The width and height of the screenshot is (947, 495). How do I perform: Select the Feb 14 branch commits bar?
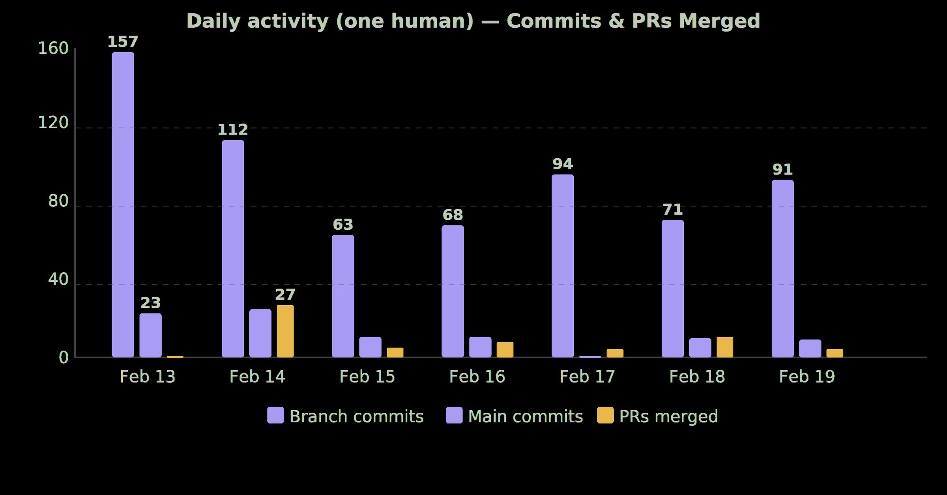(233, 249)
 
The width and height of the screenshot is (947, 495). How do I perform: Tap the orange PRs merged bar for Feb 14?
(285, 331)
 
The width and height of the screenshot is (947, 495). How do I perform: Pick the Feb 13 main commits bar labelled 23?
(150, 335)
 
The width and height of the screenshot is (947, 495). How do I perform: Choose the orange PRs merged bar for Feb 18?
(725, 347)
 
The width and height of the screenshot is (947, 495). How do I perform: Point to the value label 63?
(342, 225)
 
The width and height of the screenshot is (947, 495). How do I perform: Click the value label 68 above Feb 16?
(453, 215)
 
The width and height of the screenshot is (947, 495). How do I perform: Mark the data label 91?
(782, 170)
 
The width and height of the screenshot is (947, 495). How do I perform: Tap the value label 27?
(285, 294)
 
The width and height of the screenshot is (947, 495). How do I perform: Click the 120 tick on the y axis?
(53, 123)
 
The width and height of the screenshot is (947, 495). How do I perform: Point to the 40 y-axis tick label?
(58, 279)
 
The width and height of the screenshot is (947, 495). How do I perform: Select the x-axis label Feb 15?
(367, 377)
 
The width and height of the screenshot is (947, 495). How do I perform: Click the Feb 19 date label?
(807, 377)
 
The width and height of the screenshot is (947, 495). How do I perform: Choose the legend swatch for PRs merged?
(605, 415)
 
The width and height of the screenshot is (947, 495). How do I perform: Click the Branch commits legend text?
(356, 416)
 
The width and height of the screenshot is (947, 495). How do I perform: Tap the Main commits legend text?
(525, 416)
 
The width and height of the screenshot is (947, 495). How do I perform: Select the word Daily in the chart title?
(213, 22)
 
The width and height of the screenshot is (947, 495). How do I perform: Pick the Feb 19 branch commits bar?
(782, 268)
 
